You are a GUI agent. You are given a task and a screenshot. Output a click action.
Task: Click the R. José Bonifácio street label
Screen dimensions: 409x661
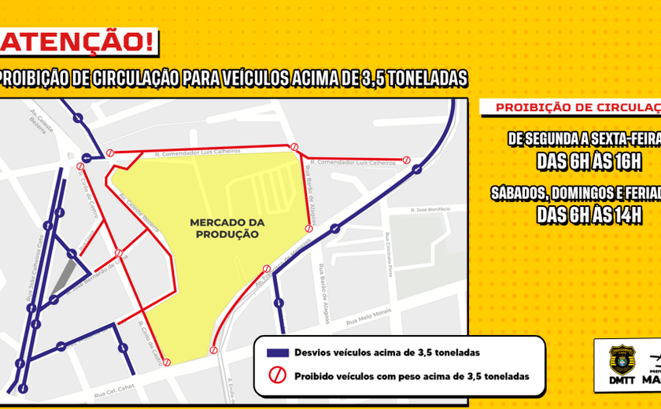click(430, 209)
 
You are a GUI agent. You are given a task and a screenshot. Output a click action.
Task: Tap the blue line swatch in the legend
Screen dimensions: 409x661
click(275, 352)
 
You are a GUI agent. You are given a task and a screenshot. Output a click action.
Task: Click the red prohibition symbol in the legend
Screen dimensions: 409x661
click(275, 376)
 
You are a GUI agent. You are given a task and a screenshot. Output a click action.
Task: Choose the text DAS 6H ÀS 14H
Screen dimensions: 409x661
click(589, 214)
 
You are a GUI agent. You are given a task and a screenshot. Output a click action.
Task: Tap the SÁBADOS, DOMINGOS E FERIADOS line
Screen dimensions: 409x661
click(574, 193)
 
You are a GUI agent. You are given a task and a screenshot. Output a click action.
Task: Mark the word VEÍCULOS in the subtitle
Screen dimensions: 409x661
click(241, 79)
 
